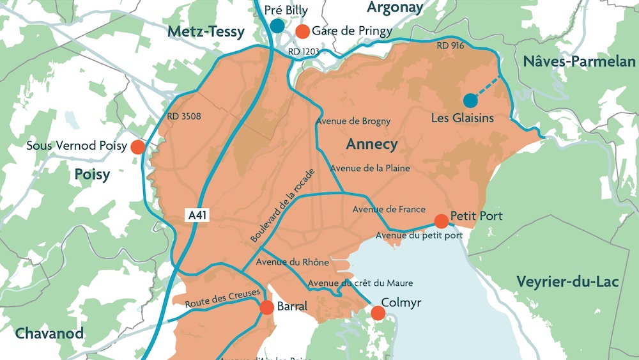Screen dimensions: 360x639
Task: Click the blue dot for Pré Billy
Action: click(277, 26)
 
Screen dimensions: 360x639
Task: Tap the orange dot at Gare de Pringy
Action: click(303, 31)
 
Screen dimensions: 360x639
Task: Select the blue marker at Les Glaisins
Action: click(470, 100)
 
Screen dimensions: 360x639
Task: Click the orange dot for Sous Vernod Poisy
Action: click(137, 147)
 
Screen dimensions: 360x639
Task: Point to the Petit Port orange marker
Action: click(441, 221)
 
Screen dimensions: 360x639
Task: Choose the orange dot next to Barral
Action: click(266, 308)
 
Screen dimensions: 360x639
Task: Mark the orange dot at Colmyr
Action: click(378, 313)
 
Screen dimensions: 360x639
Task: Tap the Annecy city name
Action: click(371, 145)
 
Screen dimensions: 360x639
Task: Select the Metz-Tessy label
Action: click(206, 32)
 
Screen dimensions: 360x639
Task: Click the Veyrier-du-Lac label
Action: click(567, 281)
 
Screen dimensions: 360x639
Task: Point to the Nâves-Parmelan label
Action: click(579, 62)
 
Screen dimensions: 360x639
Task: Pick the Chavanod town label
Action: click(49, 333)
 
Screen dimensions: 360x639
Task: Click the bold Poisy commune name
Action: click(92, 175)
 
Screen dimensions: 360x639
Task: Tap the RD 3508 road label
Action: click(184, 117)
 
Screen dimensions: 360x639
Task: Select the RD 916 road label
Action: click(451, 46)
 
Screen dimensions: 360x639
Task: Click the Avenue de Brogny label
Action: click(353, 121)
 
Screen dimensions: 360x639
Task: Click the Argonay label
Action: click(395, 8)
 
